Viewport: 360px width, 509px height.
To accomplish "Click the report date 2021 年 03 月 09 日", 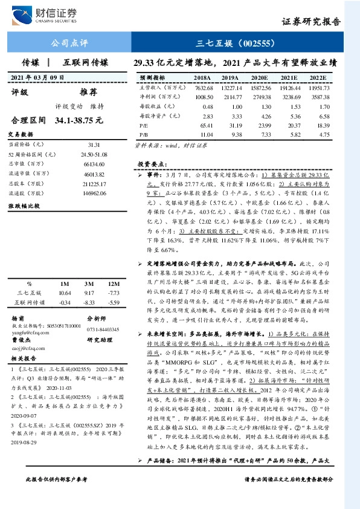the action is point(39,77).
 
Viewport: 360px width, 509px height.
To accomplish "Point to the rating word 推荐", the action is point(89,92).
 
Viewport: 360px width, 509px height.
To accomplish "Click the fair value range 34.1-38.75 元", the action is point(79,120).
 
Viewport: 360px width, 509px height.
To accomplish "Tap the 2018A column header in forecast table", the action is point(202,78).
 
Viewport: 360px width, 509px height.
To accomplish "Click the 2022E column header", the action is point(319,78).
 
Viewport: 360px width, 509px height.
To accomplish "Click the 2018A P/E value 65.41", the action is point(205,125).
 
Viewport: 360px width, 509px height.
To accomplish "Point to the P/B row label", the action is point(143,134).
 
